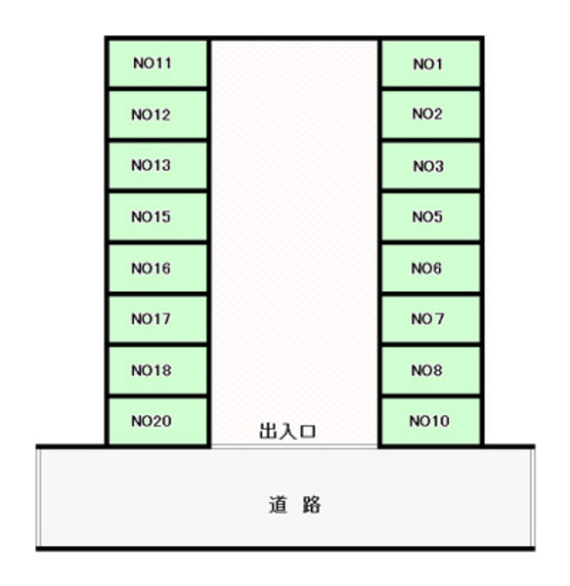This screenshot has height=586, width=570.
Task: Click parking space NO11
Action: point(157,63)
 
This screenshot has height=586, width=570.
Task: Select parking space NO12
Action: point(157,114)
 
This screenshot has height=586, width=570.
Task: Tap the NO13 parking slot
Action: point(157,166)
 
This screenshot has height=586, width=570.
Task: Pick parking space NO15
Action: point(157,217)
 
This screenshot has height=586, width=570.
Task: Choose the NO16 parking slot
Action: point(157,268)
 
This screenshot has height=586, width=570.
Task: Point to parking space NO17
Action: point(157,319)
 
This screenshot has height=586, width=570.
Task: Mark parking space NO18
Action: point(157,370)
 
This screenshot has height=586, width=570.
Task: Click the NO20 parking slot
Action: point(157,421)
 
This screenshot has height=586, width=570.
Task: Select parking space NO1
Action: point(431,63)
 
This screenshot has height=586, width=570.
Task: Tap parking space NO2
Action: point(431,114)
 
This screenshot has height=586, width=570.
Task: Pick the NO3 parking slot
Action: point(431,166)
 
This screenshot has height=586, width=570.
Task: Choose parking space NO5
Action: point(431,217)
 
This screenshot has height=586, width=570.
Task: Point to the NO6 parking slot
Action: point(431,268)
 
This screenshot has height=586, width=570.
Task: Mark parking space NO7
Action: point(431,319)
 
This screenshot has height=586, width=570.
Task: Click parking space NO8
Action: point(431,370)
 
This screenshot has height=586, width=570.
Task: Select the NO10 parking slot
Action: point(431,421)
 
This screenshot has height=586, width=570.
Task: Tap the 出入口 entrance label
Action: point(287,431)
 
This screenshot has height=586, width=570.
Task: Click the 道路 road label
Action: point(294,505)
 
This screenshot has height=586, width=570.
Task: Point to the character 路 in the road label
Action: point(311,505)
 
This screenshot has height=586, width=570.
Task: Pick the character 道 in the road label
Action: point(279,505)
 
